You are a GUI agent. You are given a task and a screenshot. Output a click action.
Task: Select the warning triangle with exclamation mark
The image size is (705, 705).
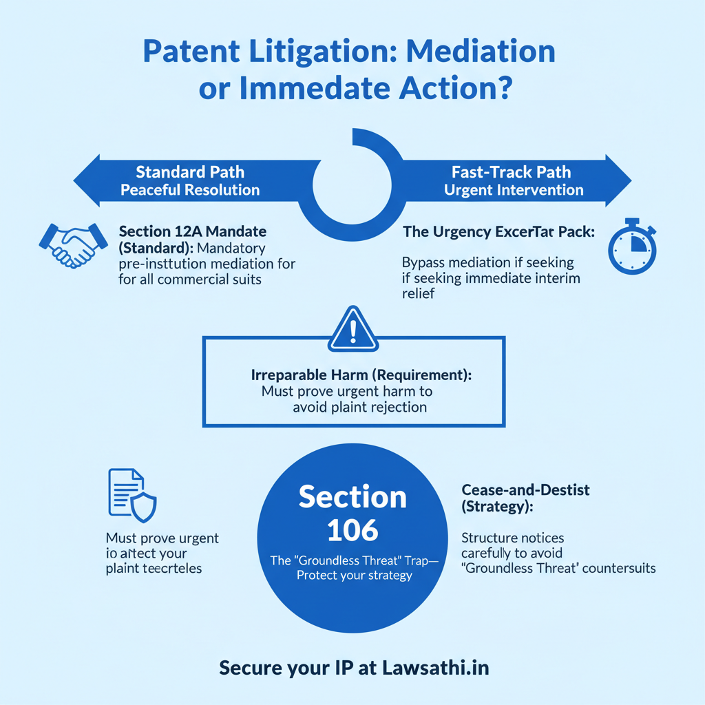point(352,329)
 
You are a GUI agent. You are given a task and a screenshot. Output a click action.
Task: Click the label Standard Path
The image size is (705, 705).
point(189,171)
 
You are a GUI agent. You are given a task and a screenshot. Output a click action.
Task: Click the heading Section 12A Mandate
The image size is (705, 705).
point(192,231)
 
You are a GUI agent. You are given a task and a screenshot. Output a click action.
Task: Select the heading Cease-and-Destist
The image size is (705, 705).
point(526,490)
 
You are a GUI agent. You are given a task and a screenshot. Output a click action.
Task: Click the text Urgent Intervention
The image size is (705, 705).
point(514,189)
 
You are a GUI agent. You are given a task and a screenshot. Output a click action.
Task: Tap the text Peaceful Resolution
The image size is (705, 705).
point(189,189)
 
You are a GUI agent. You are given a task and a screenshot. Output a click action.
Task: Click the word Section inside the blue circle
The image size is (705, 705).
point(352,496)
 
